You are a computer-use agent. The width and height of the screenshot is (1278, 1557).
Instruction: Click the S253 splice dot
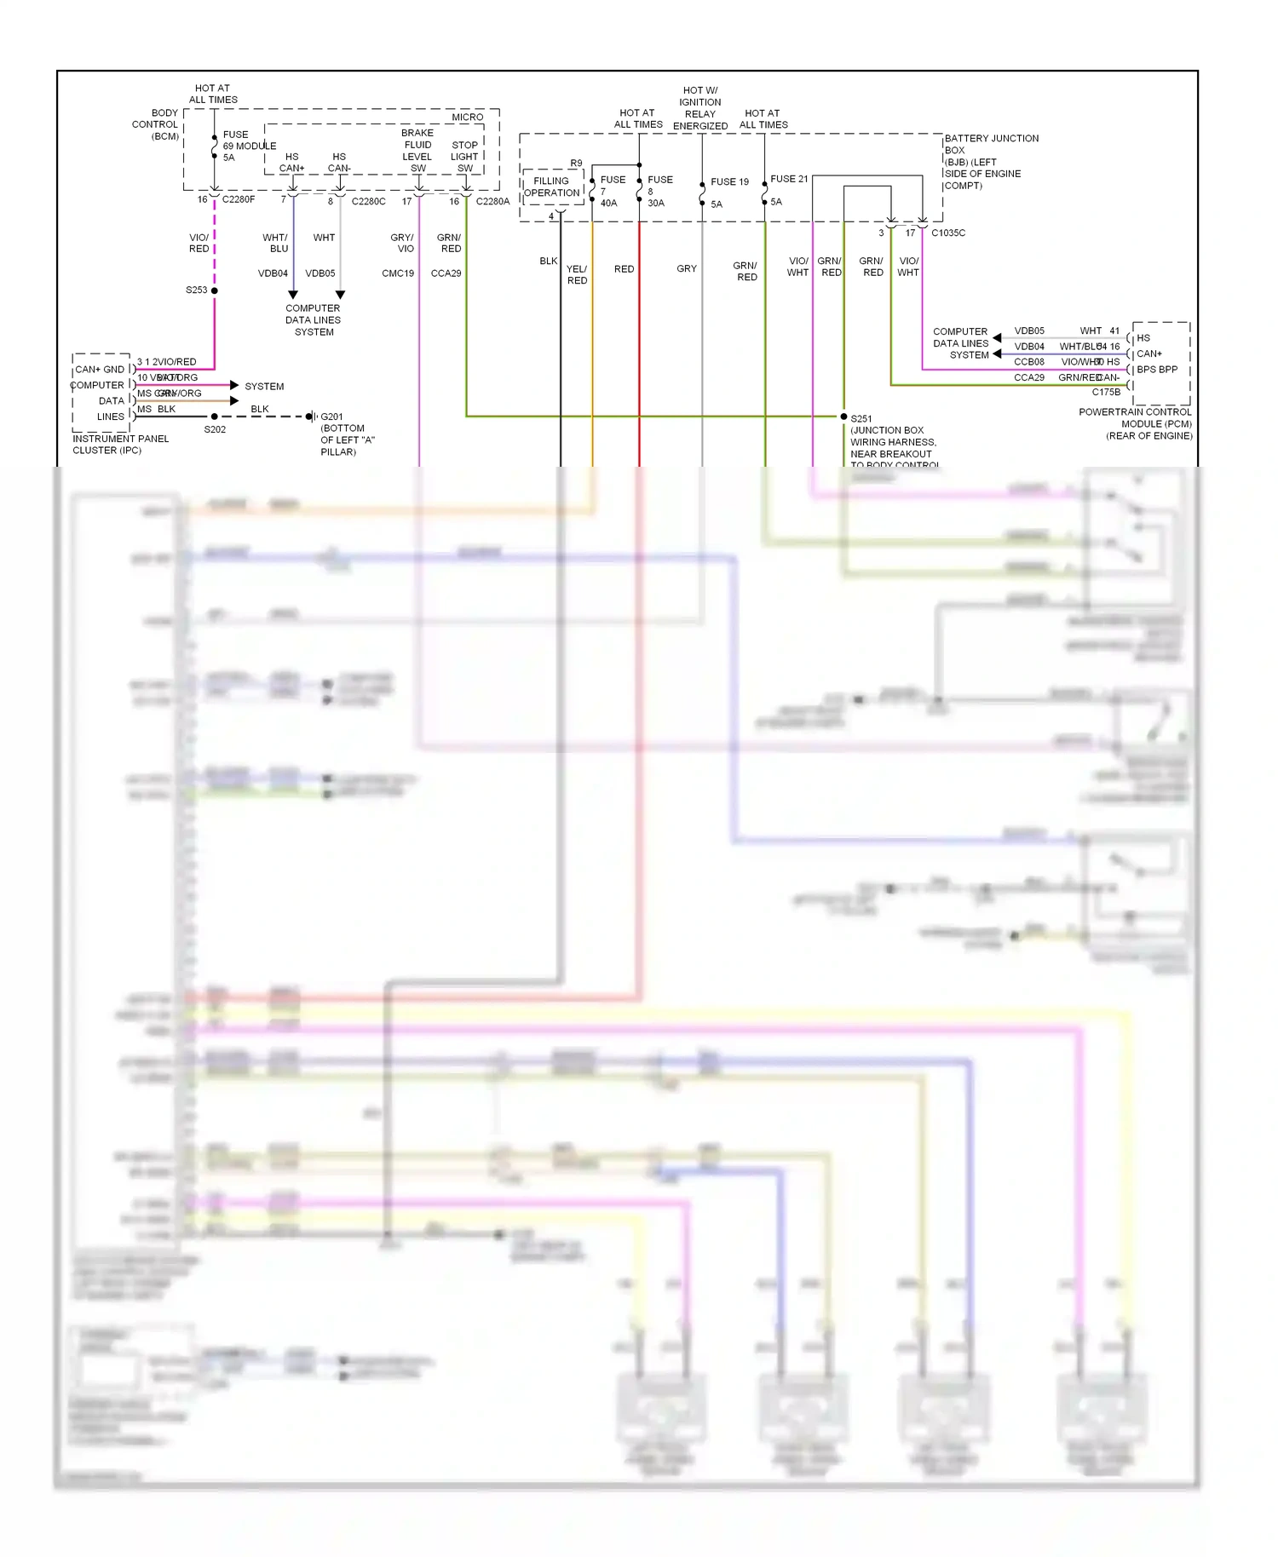point(214,290)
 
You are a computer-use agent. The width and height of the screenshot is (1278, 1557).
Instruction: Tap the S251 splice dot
point(843,417)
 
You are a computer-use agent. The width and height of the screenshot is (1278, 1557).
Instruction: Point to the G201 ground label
point(331,417)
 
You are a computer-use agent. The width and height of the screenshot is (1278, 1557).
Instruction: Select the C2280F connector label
point(239,199)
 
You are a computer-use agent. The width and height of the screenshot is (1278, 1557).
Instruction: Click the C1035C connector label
point(948,233)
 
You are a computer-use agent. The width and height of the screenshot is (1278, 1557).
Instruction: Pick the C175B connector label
point(1106,392)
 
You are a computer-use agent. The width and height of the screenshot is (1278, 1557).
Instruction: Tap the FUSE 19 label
point(729,181)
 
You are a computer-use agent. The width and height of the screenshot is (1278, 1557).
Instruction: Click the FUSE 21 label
point(789,179)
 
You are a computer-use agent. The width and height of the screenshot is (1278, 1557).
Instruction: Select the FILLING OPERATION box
point(551,187)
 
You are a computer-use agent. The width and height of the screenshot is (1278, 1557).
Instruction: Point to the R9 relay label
point(577,163)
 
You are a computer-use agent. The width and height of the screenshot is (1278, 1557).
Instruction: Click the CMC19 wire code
point(398,273)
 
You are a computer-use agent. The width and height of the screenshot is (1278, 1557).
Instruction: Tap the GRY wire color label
point(687,268)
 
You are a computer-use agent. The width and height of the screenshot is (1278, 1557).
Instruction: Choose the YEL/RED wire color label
point(577,274)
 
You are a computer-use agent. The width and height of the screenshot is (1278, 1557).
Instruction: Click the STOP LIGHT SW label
point(464,156)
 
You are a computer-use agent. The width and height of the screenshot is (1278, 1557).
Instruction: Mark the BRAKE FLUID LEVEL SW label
point(417,150)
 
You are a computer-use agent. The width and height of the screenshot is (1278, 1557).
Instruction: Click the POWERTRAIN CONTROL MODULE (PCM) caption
point(1135,423)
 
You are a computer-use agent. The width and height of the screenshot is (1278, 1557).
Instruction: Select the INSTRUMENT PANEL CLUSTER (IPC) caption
point(120,444)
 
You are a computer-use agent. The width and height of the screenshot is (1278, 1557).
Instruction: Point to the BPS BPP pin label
point(1157,369)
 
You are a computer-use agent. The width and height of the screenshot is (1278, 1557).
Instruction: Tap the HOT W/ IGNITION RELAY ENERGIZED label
point(700,108)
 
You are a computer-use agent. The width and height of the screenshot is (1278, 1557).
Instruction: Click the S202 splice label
point(215,429)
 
